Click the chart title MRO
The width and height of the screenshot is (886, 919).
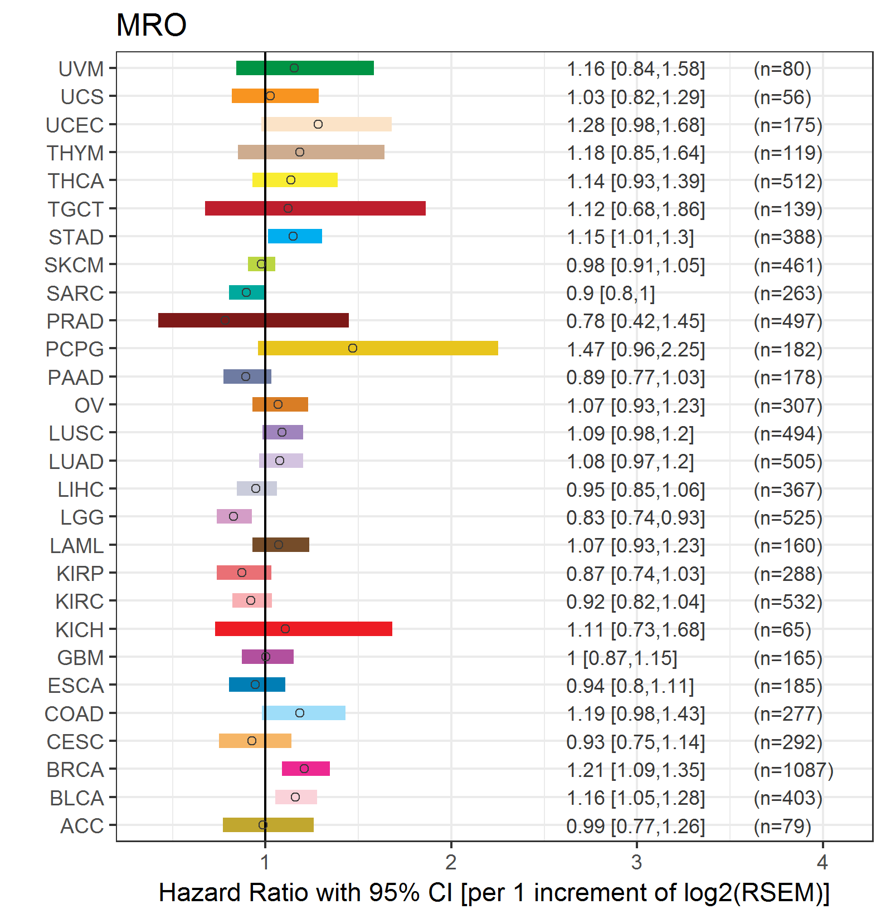coord(151,25)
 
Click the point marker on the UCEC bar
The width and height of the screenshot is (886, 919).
coord(318,124)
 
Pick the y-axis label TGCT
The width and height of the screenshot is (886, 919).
coord(76,209)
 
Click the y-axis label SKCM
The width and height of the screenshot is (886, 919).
coord(74,265)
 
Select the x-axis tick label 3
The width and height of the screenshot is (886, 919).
coord(636,863)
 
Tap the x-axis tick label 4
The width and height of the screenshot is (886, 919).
coord(822,863)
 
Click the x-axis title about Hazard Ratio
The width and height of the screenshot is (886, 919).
coord(494,893)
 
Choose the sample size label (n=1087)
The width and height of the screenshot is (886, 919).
coord(793,770)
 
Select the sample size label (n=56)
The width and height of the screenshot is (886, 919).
coord(782,97)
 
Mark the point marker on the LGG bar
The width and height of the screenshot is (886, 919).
coord(233,516)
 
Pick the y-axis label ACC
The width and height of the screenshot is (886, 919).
coord(82,826)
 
